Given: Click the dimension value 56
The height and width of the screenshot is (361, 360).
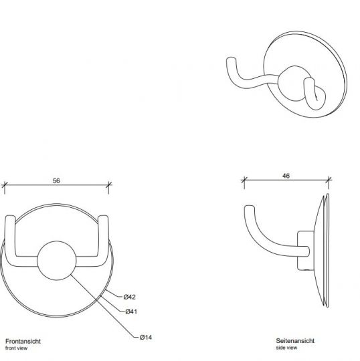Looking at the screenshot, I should pyautogui.click(x=57, y=181).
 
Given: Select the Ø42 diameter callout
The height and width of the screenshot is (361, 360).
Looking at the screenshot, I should pyautogui.click(x=130, y=296).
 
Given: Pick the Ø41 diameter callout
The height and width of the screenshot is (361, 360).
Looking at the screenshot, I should pyautogui.click(x=130, y=312).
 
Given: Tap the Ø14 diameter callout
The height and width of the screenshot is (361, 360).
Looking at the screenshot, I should pyautogui.click(x=147, y=337).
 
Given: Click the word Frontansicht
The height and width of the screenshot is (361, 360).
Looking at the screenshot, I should pyautogui.click(x=23, y=341).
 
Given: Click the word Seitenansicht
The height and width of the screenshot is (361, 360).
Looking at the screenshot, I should pyautogui.click(x=295, y=341).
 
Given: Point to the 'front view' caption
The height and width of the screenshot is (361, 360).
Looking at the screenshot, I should pyautogui.click(x=17, y=348).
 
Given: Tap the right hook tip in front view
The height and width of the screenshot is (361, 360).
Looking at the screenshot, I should pyautogui.click(x=104, y=220).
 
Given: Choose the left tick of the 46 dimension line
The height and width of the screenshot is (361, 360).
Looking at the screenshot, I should pyautogui.click(x=244, y=180).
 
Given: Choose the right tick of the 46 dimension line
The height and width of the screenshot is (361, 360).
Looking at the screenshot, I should pyautogui.click(x=329, y=180).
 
